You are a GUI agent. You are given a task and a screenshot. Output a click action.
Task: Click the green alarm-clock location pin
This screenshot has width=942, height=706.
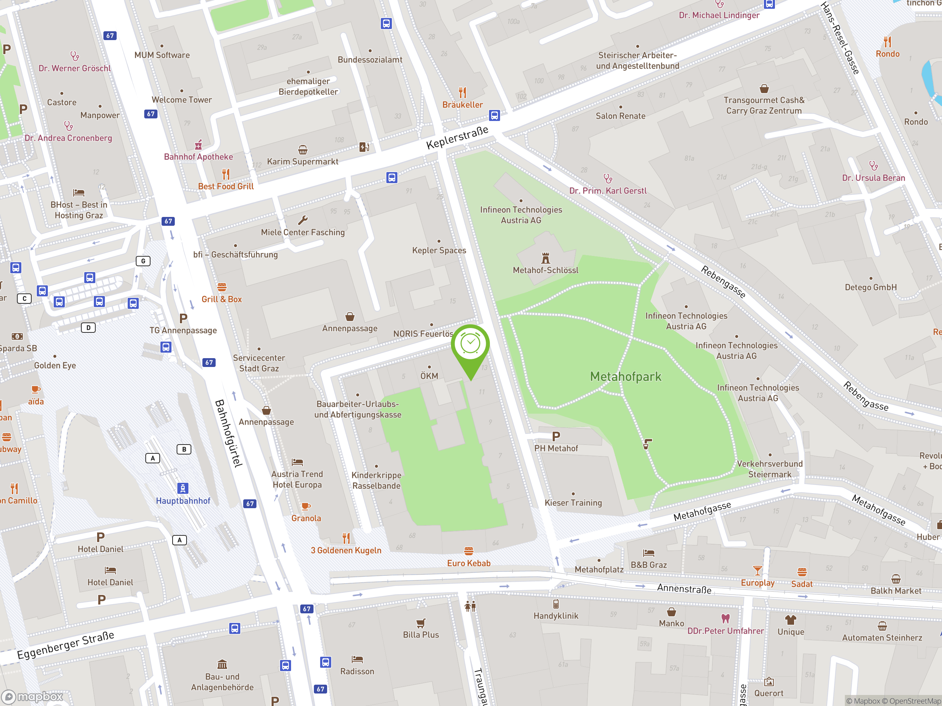click(x=471, y=345)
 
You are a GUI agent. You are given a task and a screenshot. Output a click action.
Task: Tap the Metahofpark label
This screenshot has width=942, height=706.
click(x=626, y=377)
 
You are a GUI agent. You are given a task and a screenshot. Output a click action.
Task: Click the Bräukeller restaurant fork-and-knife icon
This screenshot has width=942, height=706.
click(x=463, y=92)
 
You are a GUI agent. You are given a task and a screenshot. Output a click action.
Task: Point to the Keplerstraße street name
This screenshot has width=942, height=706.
click(x=457, y=138)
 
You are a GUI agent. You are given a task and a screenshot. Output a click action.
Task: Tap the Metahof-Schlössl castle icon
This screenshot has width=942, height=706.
click(x=546, y=258)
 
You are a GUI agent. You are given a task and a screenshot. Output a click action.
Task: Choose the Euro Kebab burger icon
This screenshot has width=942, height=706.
click(x=469, y=551)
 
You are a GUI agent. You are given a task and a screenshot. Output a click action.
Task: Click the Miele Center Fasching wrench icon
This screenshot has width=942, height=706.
click(x=303, y=220)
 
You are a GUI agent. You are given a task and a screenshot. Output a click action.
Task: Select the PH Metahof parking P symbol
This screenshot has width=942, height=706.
click(x=556, y=436)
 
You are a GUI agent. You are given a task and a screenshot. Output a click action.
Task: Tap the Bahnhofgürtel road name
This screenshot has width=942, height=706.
click(x=229, y=433)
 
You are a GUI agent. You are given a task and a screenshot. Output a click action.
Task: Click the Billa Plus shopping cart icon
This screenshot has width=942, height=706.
click(x=421, y=623)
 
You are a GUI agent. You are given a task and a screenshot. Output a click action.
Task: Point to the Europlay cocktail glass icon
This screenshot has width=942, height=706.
click(x=757, y=570)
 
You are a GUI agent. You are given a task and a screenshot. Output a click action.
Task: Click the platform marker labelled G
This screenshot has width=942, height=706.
click(x=143, y=261)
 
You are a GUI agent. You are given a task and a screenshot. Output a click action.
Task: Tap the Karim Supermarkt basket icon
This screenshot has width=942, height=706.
click(x=303, y=150)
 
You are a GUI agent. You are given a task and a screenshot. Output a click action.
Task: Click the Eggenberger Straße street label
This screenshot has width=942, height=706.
click(x=65, y=645)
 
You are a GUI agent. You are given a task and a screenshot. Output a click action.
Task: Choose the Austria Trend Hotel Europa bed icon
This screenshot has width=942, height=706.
click(x=297, y=462)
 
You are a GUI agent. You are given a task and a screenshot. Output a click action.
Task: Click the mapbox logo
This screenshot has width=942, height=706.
click(x=32, y=697)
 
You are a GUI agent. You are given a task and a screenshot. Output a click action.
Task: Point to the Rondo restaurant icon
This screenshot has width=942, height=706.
click(x=888, y=42)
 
